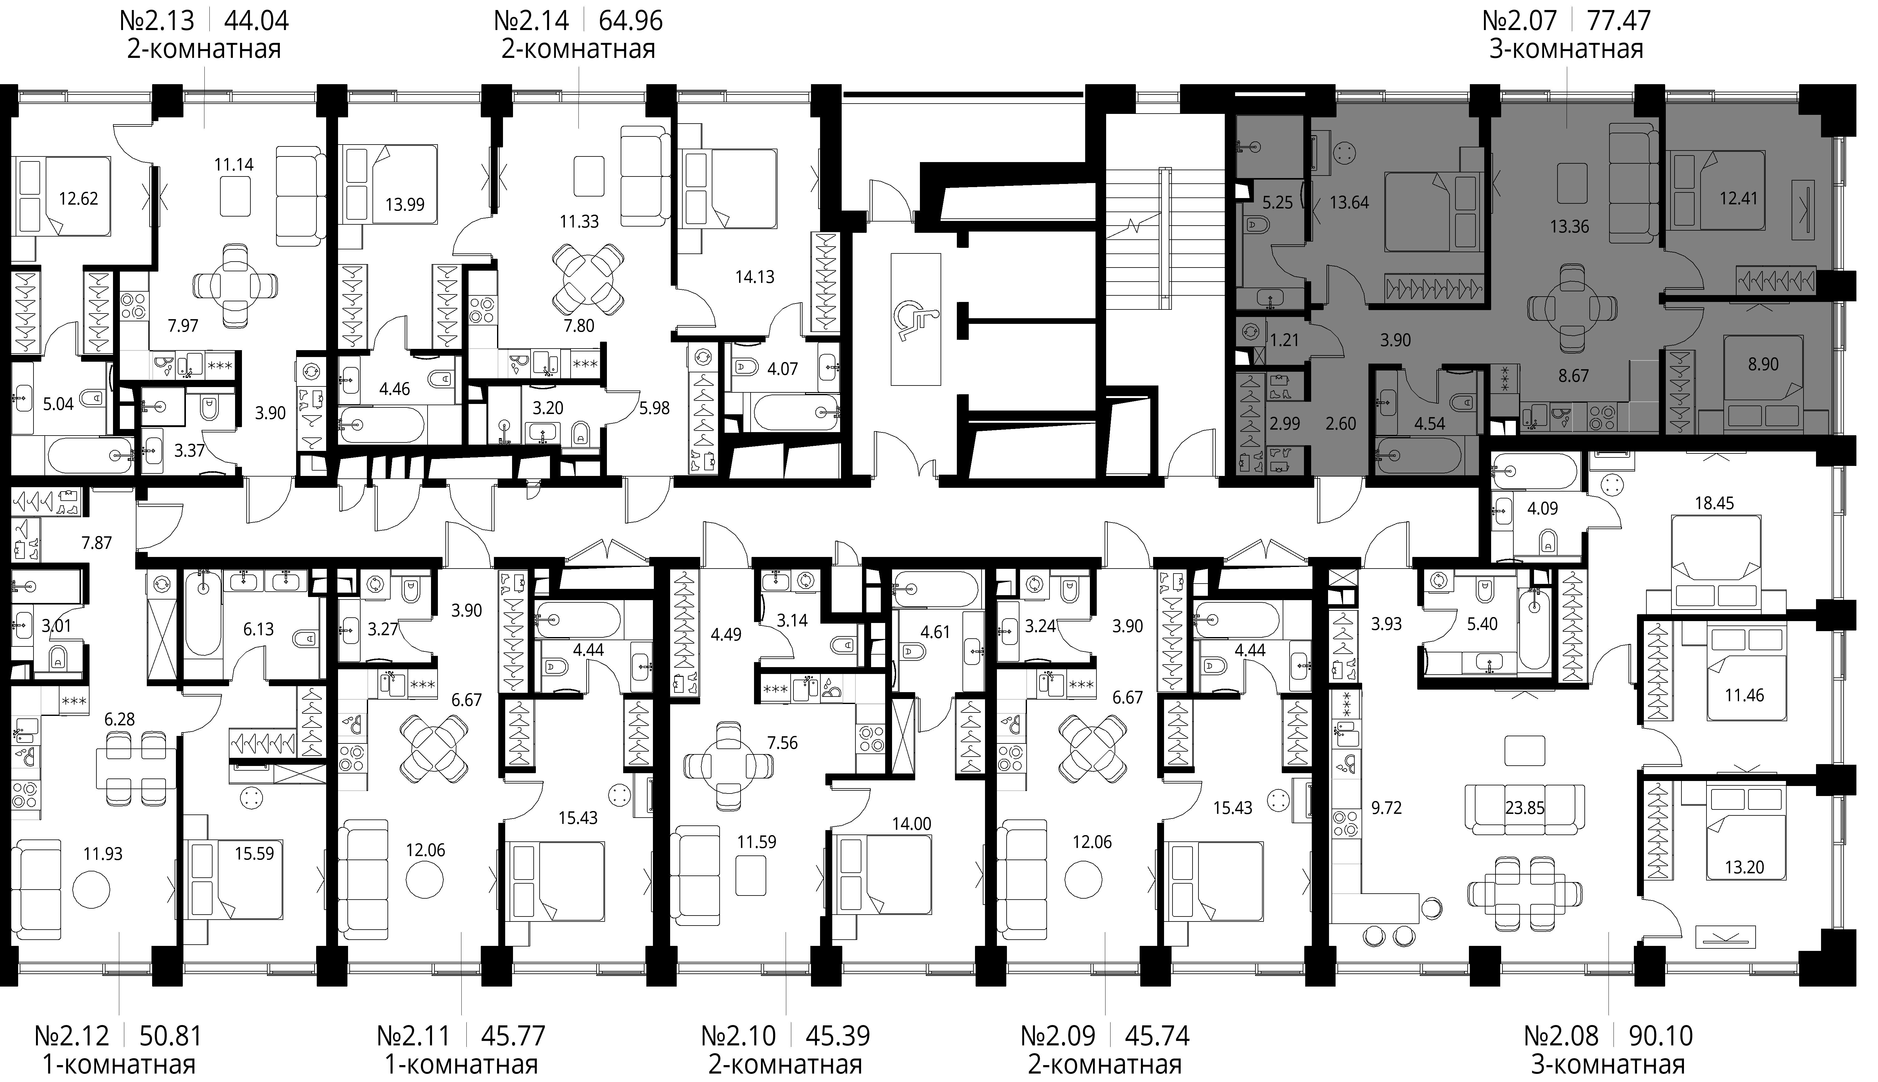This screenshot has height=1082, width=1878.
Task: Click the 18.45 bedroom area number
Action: click(x=1715, y=503)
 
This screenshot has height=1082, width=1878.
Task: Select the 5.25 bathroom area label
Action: click(x=1278, y=202)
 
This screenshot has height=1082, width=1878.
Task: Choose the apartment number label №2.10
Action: click(x=739, y=1035)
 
